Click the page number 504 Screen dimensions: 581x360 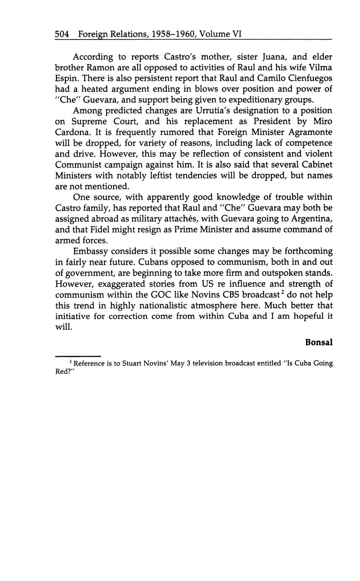coord(62,34)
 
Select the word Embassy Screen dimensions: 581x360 coord(90,251)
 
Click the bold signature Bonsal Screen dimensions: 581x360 coord(319,342)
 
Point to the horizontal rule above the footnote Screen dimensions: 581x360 coord(78,356)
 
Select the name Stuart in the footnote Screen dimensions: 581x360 coord(133,363)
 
